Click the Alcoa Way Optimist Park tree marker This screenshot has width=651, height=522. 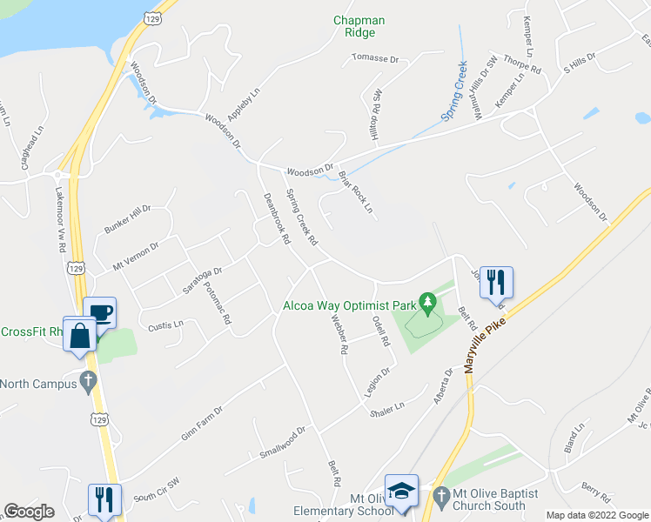(x=426, y=304)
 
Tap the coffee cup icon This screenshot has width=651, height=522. (x=99, y=313)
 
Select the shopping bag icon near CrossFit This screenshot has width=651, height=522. (x=79, y=335)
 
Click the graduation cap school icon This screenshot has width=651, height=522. (x=401, y=491)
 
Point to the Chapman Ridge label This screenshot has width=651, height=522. (x=359, y=26)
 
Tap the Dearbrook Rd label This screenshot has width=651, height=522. (x=276, y=217)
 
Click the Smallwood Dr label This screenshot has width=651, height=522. (x=284, y=442)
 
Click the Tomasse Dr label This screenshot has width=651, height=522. (x=374, y=59)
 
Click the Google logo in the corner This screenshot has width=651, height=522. (x=29, y=512)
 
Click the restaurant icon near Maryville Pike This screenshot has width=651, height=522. (x=496, y=282)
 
